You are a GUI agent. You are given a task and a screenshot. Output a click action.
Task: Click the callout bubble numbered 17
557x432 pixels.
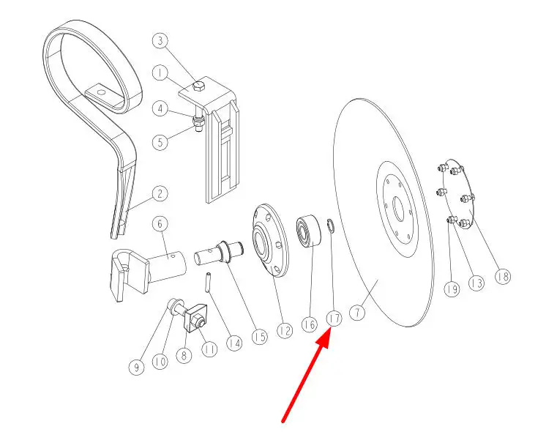coord(334,319)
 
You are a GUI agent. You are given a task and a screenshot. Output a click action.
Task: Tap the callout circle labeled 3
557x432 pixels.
coord(160,40)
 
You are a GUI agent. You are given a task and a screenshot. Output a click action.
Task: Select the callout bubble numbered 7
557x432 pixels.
coord(357,312)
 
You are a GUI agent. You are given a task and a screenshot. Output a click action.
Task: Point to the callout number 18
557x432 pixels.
coord(503,276)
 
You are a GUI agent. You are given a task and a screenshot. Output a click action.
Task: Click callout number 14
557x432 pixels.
coord(234,343)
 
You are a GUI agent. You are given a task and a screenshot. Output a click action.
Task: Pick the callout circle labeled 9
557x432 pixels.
coord(136,367)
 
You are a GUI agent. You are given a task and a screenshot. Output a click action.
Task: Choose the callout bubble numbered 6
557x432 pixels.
coord(160,224)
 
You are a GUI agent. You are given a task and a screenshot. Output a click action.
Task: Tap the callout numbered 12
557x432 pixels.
coord(284,331)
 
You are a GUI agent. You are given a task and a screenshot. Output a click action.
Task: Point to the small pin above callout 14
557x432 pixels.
coord(208,283)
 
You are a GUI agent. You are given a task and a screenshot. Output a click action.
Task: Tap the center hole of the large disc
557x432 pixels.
coord(398,209)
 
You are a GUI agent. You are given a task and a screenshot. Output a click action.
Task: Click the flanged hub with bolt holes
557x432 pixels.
coord(269,240)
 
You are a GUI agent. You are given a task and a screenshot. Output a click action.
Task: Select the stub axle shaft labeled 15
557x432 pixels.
coord(219,252)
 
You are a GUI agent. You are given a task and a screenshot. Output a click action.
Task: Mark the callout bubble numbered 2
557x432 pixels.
coord(160,194)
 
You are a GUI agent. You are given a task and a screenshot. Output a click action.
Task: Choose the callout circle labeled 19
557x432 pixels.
coord(452,288)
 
